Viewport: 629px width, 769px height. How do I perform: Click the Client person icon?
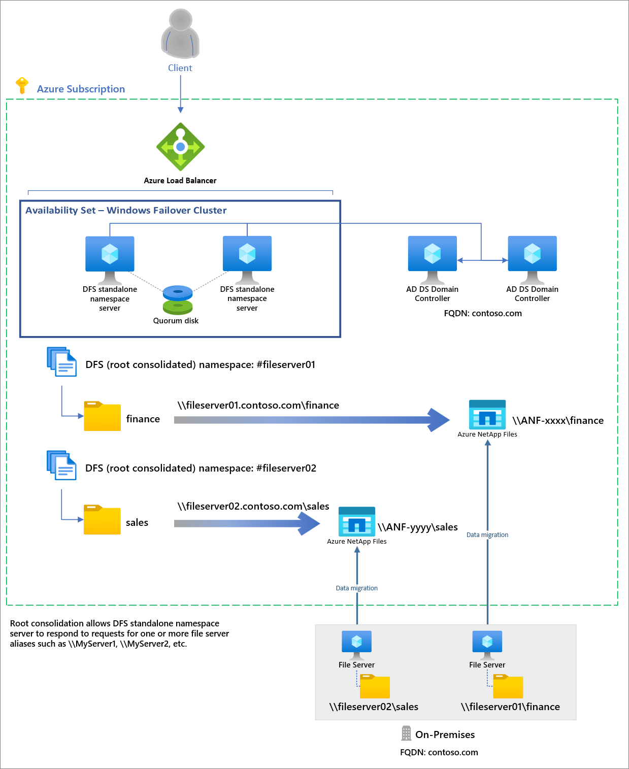click(x=180, y=34)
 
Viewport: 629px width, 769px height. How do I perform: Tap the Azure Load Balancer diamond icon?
click(x=180, y=147)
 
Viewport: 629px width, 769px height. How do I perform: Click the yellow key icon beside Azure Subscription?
click(x=22, y=86)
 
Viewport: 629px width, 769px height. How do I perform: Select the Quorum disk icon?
click(x=178, y=300)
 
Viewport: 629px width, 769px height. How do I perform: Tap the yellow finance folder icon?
click(x=102, y=417)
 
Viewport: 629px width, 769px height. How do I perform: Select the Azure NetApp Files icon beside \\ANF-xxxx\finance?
click(x=487, y=415)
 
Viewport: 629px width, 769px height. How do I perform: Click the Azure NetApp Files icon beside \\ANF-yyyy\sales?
click(x=357, y=521)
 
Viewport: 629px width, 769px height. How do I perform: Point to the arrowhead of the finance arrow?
click(x=439, y=420)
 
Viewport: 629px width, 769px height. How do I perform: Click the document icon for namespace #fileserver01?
click(x=61, y=362)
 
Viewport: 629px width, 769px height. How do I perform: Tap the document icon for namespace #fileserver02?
click(x=61, y=465)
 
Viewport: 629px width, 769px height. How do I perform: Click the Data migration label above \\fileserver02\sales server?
click(x=356, y=588)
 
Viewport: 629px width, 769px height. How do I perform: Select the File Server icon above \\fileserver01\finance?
click(x=487, y=643)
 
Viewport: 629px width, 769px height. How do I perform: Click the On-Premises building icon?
click(x=406, y=733)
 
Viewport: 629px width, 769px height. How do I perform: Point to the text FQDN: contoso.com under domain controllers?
click(x=483, y=313)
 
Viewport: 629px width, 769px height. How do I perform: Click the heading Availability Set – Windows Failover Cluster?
click(x=126, y=210)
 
